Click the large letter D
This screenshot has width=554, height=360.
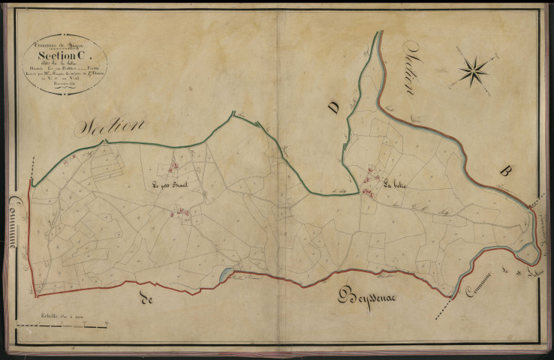pyautogui.click(x=333, y=109)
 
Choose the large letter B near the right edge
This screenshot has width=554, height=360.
pyautogui.click(x=504, y=171)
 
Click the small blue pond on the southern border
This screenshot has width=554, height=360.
pyautogui.click(x=223, y=275)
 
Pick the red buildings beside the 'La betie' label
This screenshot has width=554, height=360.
pyautogui.click(x=369, y=183)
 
